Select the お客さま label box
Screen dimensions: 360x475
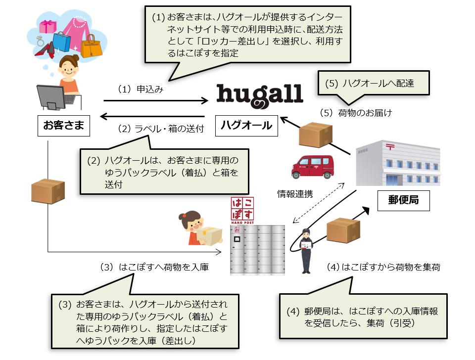(63, 126)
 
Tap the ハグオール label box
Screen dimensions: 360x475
(245, 126)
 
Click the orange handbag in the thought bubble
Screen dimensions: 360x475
(91, 46)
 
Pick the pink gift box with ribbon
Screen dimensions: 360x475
(49, 28)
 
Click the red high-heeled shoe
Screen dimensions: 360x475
(46, 50)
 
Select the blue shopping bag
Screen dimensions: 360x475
(62, 42)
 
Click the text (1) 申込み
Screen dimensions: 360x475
(141, 90)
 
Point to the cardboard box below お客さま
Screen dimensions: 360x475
(48, 191)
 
